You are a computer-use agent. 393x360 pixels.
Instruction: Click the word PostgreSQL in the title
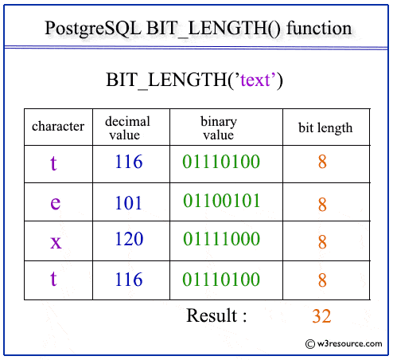coord(92,29)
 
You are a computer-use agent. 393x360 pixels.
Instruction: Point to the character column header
coord(57,127)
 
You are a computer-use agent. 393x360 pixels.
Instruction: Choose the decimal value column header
coord(128,127)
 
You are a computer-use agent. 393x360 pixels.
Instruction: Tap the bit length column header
coord(325,127)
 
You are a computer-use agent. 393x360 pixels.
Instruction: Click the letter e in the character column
coord(55,202)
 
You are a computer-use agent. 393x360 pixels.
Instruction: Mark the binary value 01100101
coord(221,201)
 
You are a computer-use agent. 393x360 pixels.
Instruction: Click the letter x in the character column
coord(56,241)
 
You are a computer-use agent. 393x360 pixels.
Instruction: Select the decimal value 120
coord(128,241)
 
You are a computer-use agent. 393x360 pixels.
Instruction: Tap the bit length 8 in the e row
coord(322,205)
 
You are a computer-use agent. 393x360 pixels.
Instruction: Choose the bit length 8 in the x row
coord(322,242)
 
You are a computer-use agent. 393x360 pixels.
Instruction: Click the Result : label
coord(216,315)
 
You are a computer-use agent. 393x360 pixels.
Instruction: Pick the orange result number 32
coord(321,316)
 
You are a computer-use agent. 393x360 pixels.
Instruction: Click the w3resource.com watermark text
coord(346,345)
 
